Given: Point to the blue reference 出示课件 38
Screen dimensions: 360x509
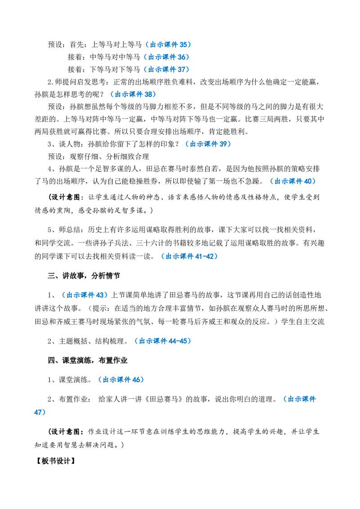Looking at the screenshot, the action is click(133, 94).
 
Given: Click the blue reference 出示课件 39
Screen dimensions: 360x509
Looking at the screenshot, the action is click(208, 144).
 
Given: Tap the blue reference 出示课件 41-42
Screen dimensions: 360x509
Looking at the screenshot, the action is click(189, 256).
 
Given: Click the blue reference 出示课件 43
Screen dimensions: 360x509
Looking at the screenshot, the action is click(85, 295).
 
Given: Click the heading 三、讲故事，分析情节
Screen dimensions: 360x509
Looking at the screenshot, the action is click(84, 276).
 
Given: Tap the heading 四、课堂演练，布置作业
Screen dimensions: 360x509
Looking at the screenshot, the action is click(87, 360).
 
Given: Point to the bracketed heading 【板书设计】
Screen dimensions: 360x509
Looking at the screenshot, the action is click(55, 460).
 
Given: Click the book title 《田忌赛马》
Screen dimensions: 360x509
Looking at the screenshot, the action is click(164, 399).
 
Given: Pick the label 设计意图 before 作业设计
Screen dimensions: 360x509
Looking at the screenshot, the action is click(66, 432).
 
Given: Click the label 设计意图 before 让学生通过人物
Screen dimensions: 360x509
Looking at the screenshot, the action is click(66, 197).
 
